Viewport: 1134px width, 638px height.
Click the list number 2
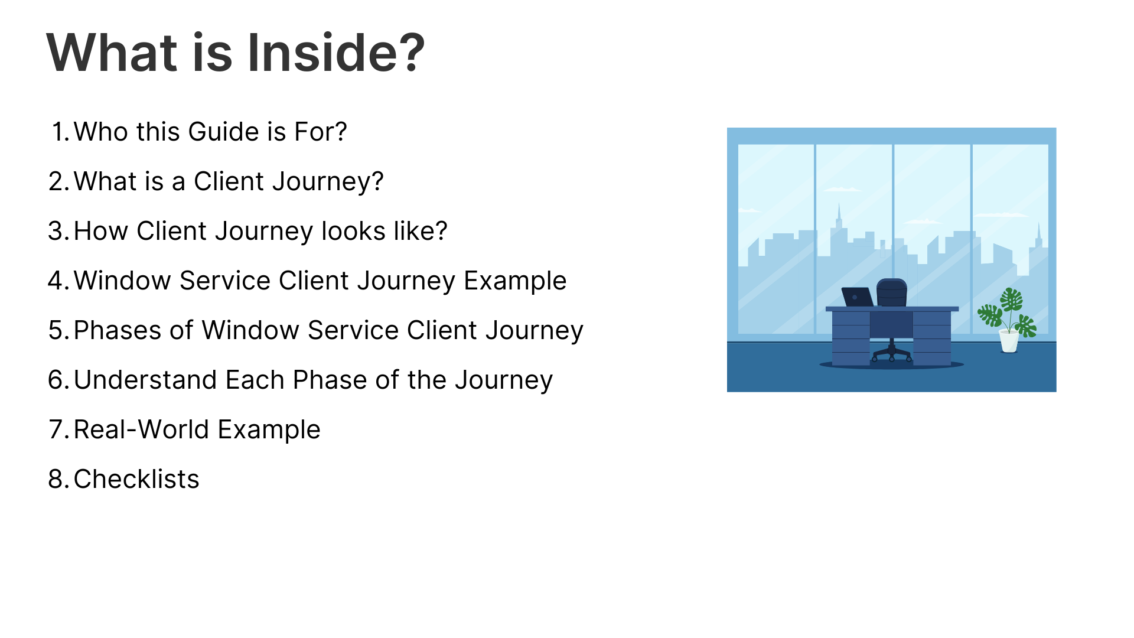(59, 181)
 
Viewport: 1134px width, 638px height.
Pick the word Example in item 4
(515, 281)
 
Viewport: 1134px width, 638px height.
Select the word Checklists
(136, 479)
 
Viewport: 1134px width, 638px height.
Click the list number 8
(59, 479)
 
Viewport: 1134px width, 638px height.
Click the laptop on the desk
(857, 297)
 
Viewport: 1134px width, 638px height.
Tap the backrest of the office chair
(892, 292)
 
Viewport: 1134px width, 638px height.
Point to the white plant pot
(1009, 341)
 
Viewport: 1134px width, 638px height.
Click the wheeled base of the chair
(892, 353)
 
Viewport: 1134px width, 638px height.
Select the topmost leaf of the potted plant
(1011, 299)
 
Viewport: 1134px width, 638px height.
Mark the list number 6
(59, 380)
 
